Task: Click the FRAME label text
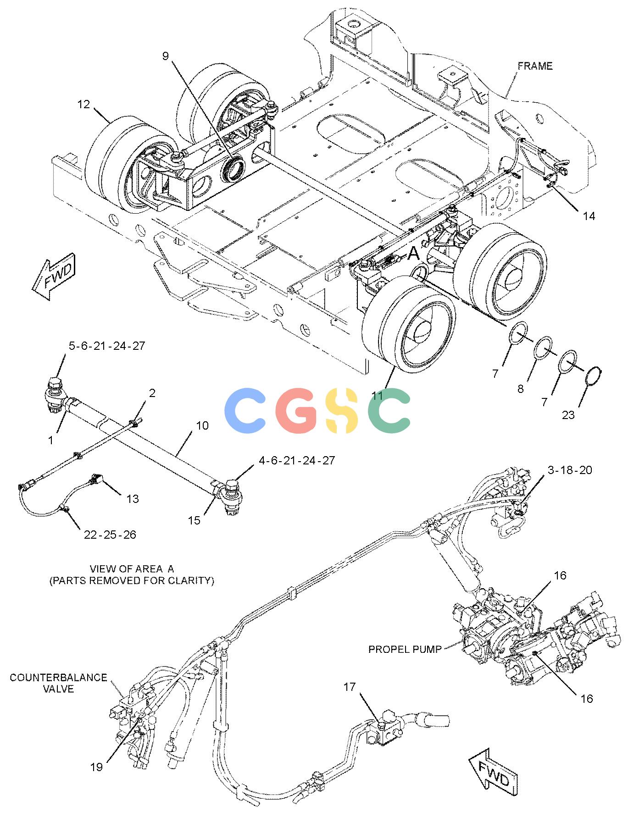(535, 66)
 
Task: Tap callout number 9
(165, 56)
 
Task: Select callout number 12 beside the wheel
(83, 105)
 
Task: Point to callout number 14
(589, 215)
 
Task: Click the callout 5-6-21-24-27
(107, 346)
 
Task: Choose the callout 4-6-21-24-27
(297, 460)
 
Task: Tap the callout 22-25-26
(110, 535)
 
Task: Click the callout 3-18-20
(569, 470)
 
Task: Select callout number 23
(568, 415)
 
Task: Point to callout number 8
(520, 389)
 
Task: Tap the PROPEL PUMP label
(405, 649)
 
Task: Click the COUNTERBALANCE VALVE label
(58, 683)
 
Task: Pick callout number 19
(96, 767)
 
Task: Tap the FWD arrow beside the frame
(53, 276)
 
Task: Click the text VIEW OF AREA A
(132, 569)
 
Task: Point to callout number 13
(132, 498)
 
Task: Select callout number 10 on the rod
(202, 425)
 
